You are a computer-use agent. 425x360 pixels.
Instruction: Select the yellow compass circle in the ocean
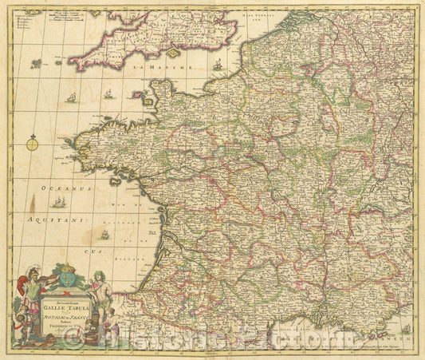(33, 144)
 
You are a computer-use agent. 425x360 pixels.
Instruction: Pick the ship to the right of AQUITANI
(104, 234)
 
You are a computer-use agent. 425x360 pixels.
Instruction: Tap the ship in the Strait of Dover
(218, 65)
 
